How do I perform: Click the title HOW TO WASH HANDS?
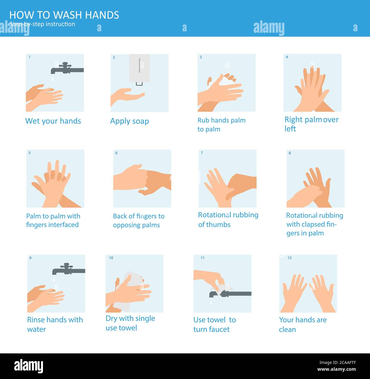tap(64, 15)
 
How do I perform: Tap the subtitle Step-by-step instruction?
tap(42, 24)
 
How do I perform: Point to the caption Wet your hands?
tap(53, 121)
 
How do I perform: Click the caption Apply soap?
tap(129, 121)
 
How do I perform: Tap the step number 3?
tap(201, 57)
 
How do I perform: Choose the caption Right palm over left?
tap(311, 124)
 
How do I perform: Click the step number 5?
tap(30, 153)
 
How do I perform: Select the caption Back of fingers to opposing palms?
tap(139, 221)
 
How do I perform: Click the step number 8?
tap(290, 153)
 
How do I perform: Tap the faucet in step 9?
tap(68, 269)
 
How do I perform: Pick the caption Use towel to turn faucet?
tap(214, 324)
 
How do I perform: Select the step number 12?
tap(289, 258)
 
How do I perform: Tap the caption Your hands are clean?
tap(303, 324)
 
